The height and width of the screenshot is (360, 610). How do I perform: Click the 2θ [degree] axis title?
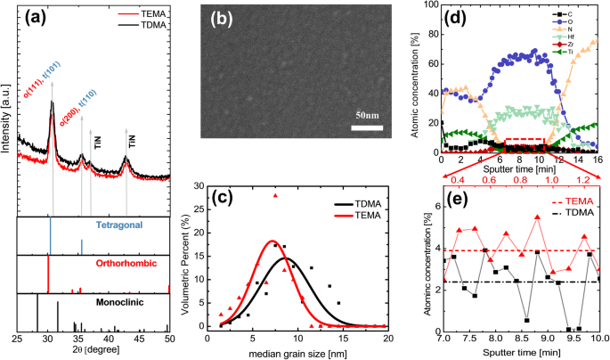tap(94, 353)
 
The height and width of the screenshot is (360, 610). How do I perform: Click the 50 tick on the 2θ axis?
tap(168, 340)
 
